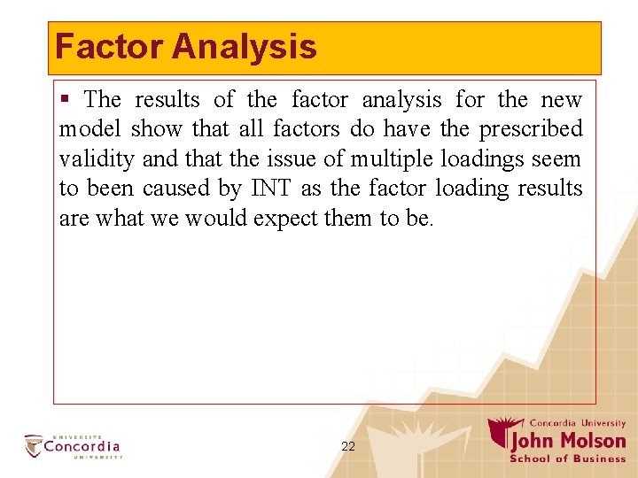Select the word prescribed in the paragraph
[531, 129]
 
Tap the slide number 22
[348, 447]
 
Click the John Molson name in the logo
[567, 441]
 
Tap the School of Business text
[568, 459]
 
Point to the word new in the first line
[564, 100]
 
